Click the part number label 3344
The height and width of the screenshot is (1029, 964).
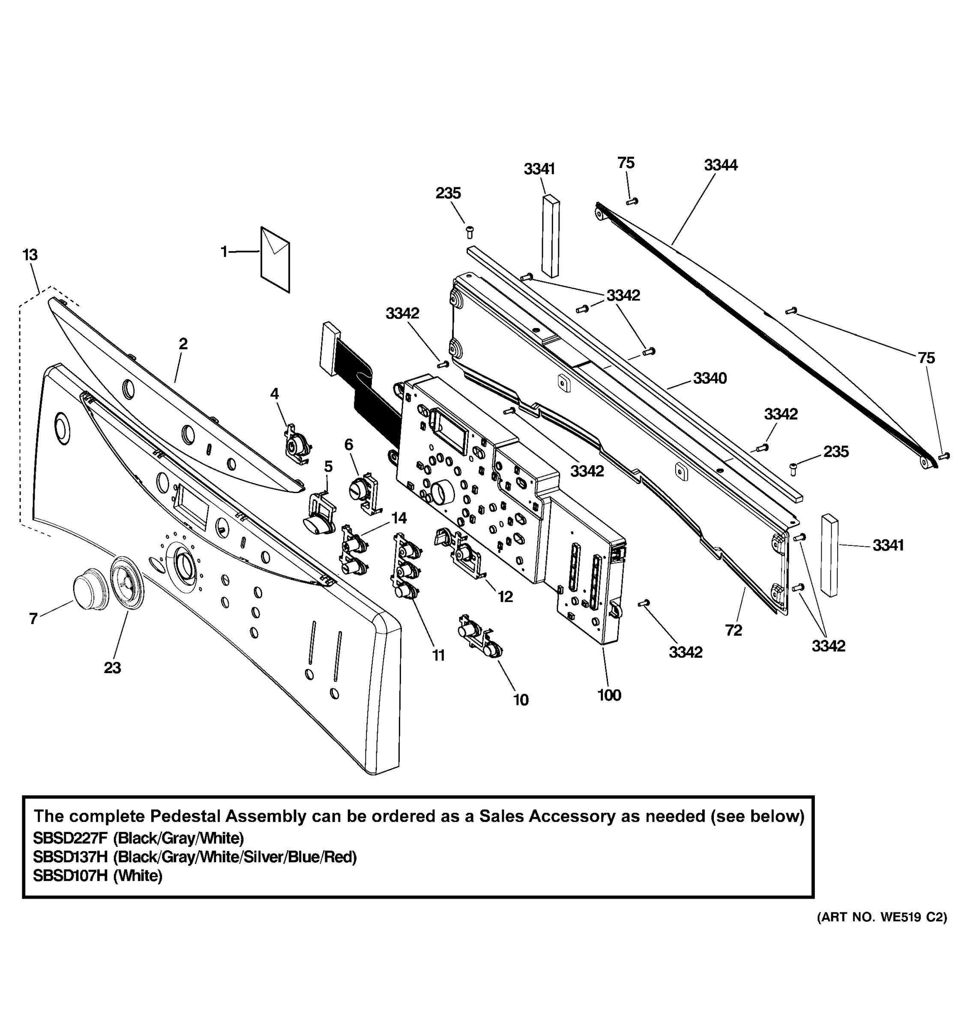point(720,165)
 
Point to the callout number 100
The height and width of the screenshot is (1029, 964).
point(609,695)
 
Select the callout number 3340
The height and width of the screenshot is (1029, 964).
point(710,378)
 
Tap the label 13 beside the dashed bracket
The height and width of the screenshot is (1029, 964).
point(30,255)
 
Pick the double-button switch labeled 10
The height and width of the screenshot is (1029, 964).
point(479,637)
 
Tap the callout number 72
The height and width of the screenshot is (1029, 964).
point(733,630)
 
